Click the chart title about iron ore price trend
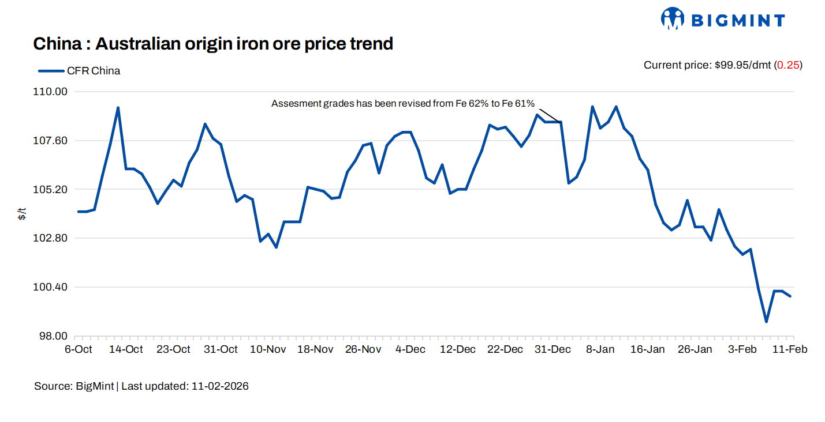point(213,44)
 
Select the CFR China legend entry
point(79,71)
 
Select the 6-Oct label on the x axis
point(79,349)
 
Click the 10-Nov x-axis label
point(268,349)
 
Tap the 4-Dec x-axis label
point(410,349)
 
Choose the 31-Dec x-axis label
point(553,349)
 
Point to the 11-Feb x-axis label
point(790,349)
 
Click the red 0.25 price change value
point(787,65)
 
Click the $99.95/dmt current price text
point(742,65)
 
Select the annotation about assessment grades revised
point(403,104)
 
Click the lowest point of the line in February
point(766,322)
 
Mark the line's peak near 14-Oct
point(118,108)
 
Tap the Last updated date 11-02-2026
point(219,386)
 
